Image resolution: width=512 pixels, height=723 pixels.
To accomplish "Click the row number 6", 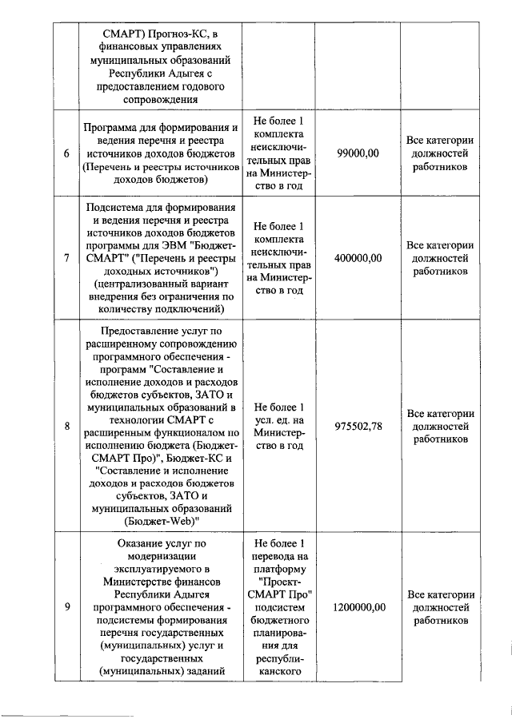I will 66,153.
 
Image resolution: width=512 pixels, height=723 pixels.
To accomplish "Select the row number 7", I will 66,258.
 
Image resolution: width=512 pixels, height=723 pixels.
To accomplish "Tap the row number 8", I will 66,426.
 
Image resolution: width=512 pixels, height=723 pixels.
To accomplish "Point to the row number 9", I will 66,607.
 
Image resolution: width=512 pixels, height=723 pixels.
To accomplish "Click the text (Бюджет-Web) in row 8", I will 162,521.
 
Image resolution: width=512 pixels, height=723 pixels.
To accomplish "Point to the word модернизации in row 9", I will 162,556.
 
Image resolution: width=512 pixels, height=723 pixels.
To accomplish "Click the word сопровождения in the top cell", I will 162,99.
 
